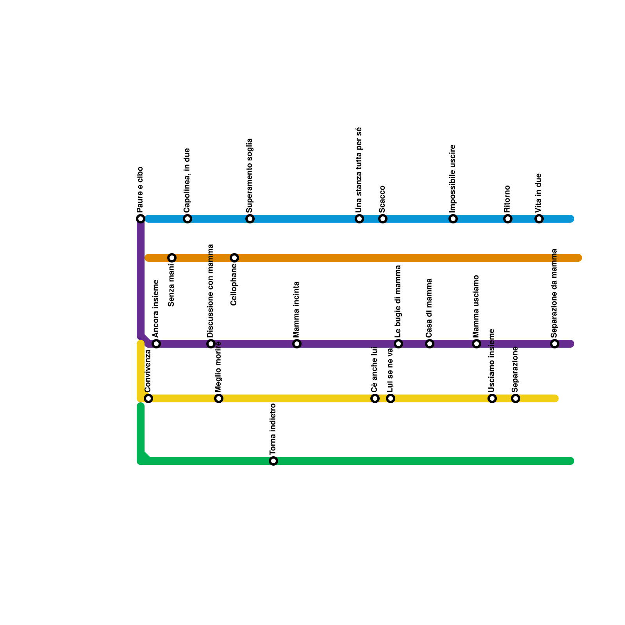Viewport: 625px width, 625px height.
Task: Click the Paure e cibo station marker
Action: click(141, 219)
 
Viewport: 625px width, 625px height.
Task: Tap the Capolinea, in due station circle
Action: click(187, 219)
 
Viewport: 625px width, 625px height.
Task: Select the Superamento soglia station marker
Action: click(250, 219)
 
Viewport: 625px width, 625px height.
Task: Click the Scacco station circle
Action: click(383, 219)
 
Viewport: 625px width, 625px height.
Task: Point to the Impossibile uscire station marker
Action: click(453, 219)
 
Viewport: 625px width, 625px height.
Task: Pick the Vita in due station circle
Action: click(539, 219)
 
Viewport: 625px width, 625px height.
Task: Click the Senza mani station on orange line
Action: click(172, 258)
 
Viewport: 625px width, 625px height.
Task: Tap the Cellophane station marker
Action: click(234, 258)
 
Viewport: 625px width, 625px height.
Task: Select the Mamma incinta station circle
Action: click(297, 344)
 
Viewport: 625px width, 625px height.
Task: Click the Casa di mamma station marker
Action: click(430, 344)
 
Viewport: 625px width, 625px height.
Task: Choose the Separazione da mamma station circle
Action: click(555, 344)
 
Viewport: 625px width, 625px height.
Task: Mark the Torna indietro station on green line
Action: click(273, 461)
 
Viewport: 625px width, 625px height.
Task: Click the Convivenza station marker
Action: click(148, 398)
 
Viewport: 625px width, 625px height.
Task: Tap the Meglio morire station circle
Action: click(219, 398)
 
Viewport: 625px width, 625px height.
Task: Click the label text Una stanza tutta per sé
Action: click(359, 170)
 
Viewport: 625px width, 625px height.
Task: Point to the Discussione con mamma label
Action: click(211, 291)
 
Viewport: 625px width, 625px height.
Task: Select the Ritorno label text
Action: click(507, 199)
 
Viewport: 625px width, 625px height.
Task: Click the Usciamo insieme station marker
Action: click(492, 398)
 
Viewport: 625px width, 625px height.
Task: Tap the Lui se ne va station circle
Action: click(391, 398)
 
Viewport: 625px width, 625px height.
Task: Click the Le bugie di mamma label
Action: click(398, 301)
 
